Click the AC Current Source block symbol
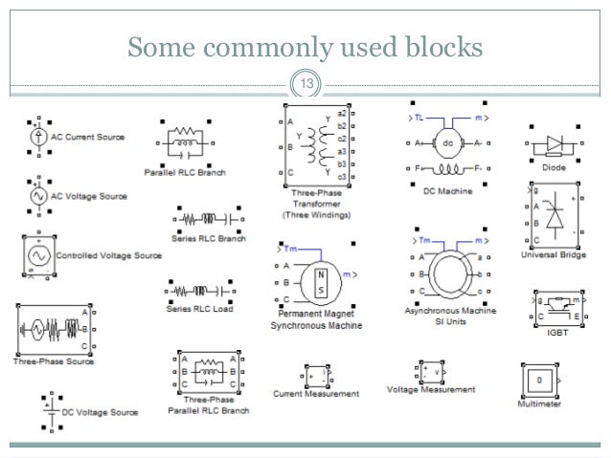click(x=38, y=138)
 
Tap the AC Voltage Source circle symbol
click(x=38, y=195)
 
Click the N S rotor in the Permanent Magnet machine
click(x=325, y=280)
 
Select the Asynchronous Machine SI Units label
click(x=449, y=317)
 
